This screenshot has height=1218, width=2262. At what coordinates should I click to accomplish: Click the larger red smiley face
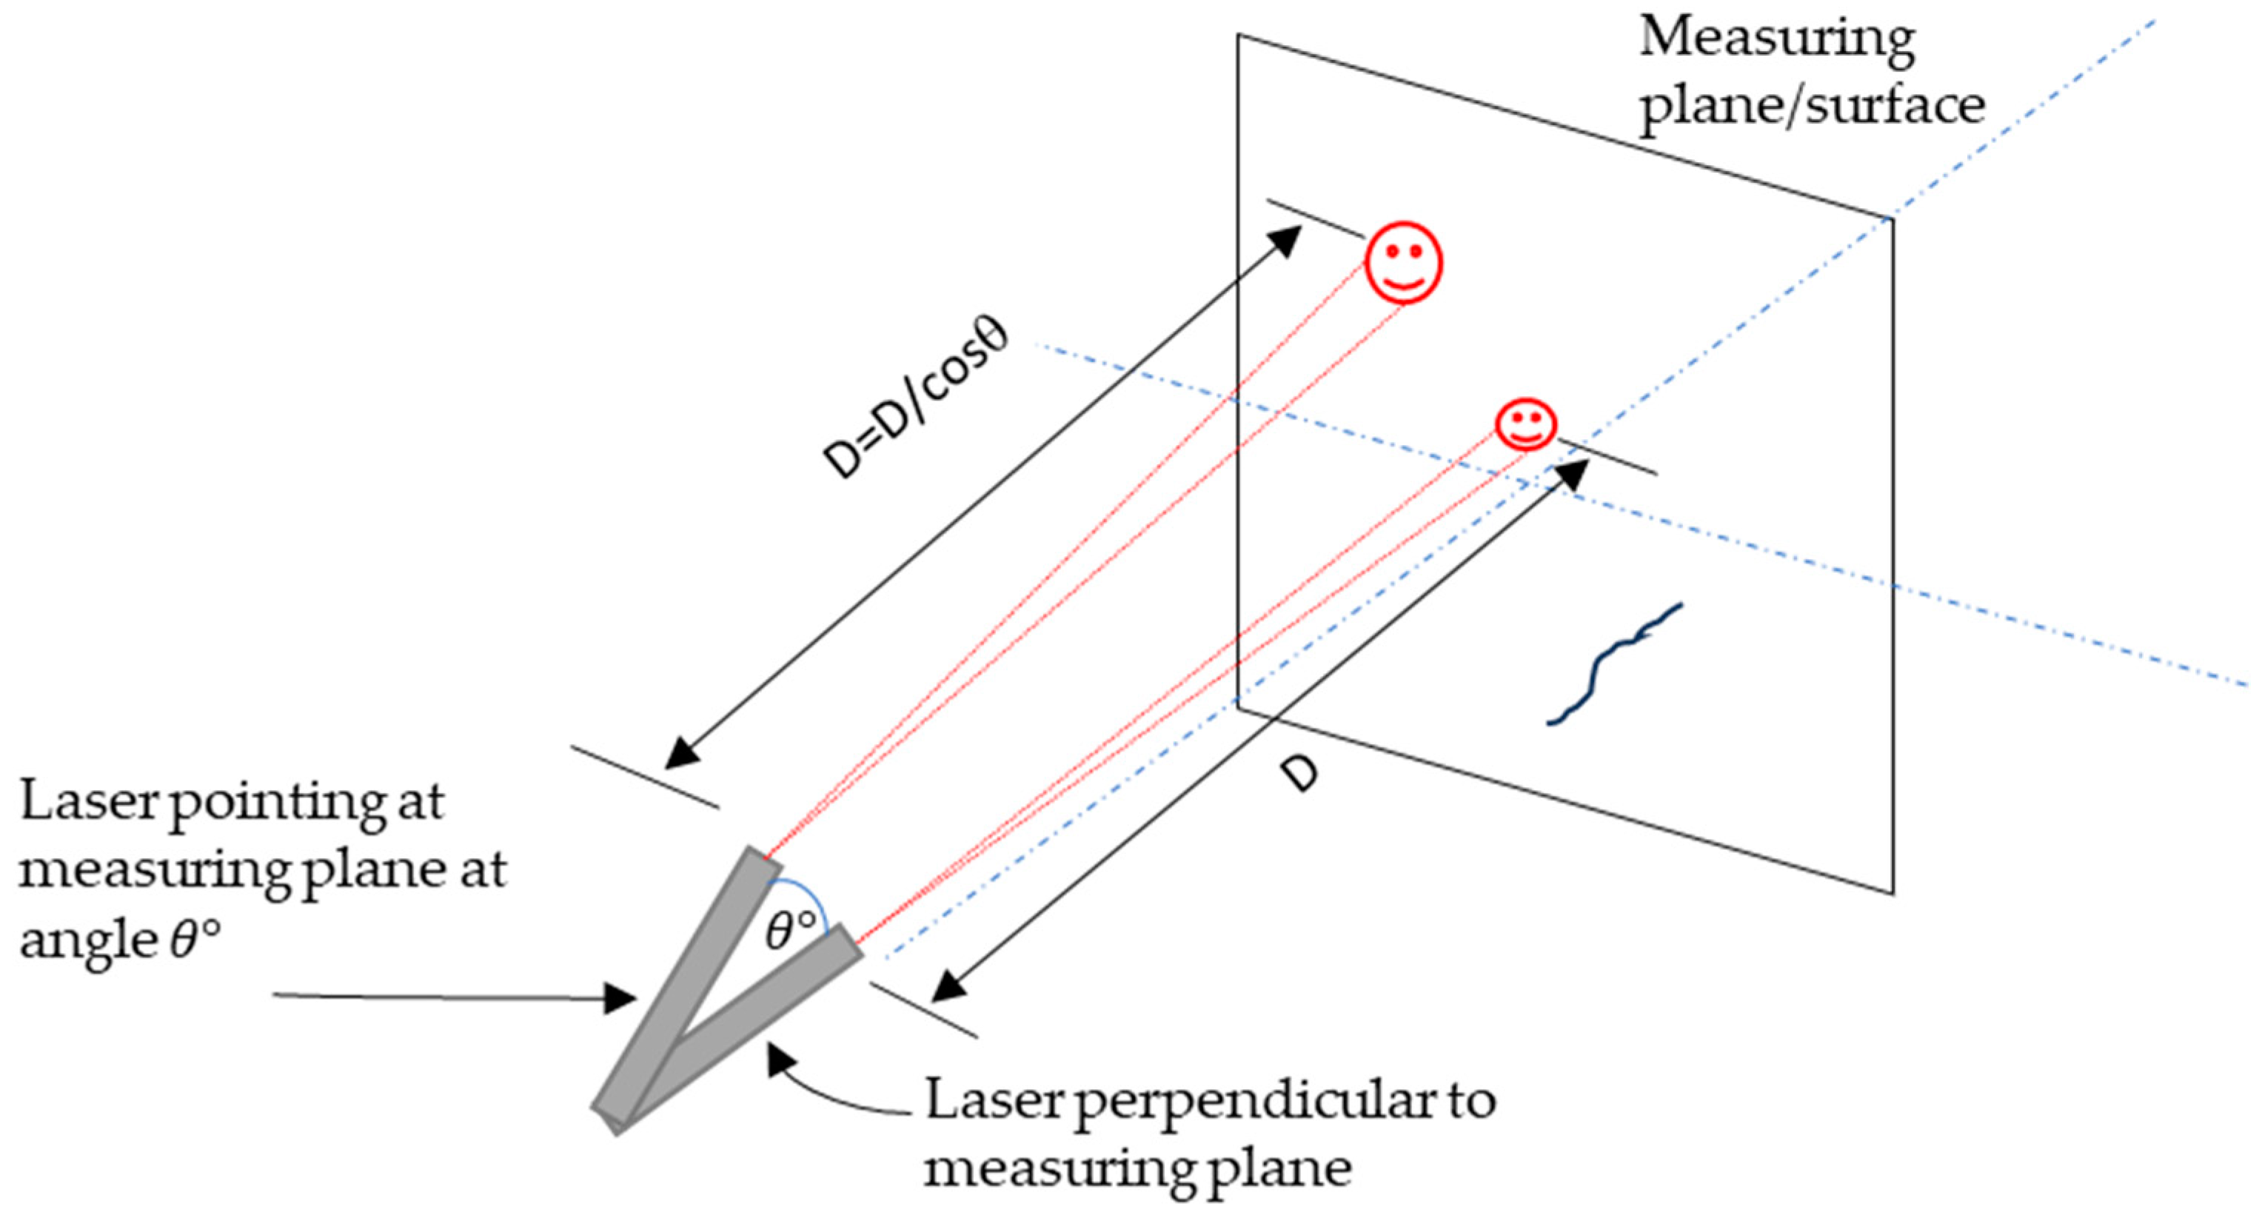coord(1403,263)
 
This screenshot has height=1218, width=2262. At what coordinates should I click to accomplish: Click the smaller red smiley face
coord(1527,425)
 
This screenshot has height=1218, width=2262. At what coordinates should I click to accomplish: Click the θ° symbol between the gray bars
coord(790,931)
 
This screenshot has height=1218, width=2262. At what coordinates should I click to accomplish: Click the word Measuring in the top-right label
coord(1776,39)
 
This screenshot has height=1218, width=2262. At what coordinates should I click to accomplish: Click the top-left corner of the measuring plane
coord(1239,35)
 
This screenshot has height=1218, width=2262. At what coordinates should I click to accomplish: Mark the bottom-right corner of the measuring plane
coord(1893,894)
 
